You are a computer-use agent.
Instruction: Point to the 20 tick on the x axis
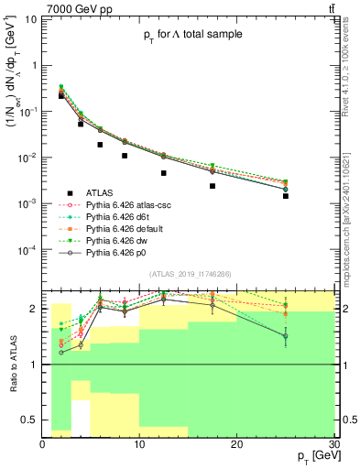tap(236, 444)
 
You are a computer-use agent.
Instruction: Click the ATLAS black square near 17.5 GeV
tap(213, 186)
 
